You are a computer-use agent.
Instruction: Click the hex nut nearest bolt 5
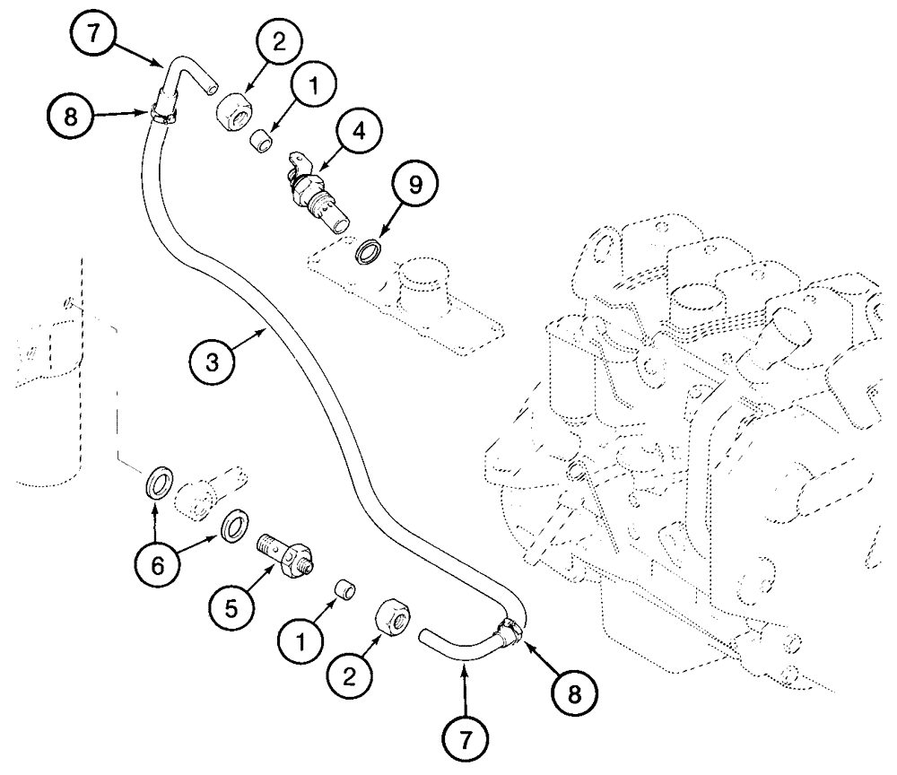(392, 618)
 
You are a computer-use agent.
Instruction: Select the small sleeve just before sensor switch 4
(260, 141)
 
